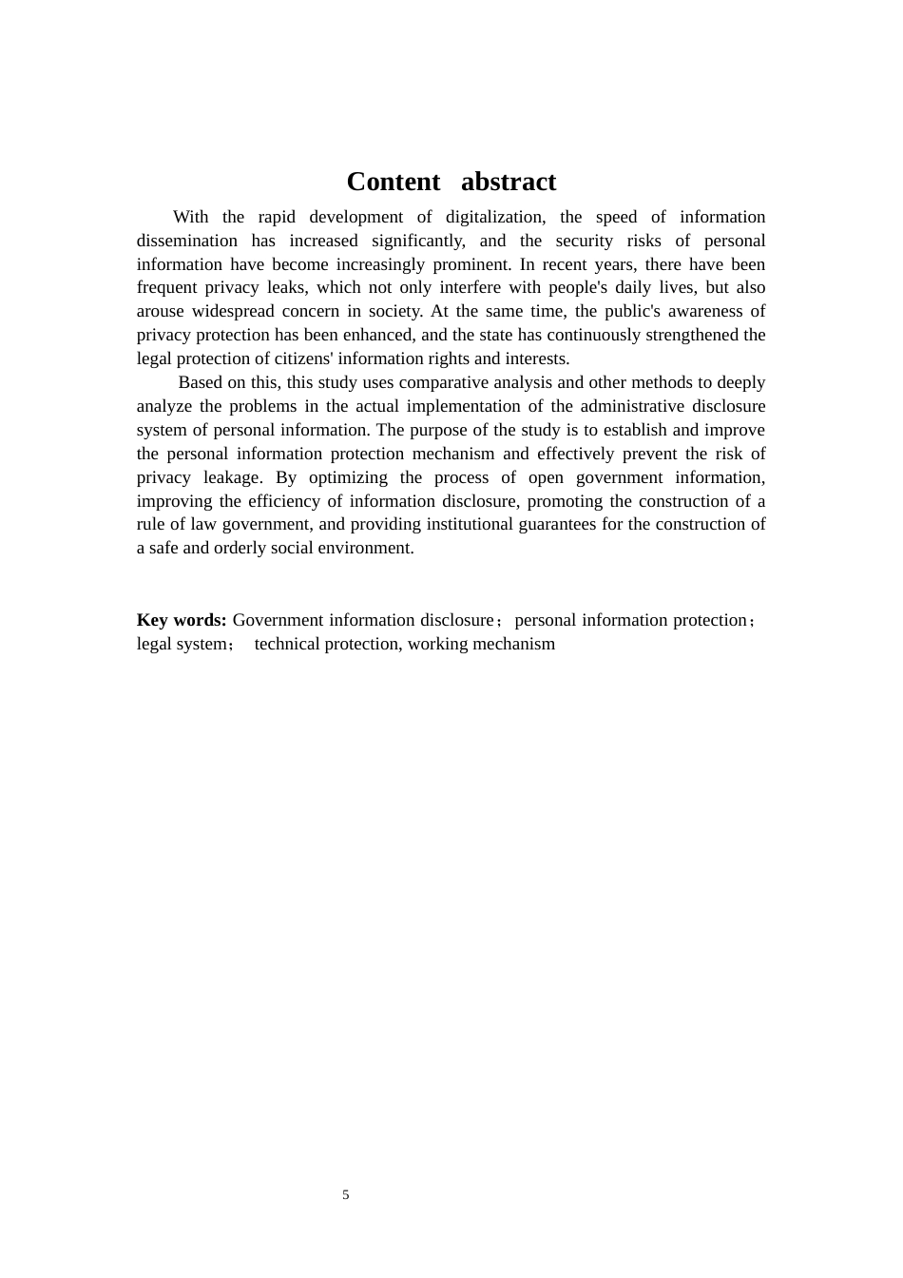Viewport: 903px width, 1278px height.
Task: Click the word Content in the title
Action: point(393,182)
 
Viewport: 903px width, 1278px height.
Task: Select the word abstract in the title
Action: point(509,182)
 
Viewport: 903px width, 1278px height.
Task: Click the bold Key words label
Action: point(182,620)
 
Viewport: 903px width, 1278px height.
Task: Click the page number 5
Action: point(346,1195)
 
